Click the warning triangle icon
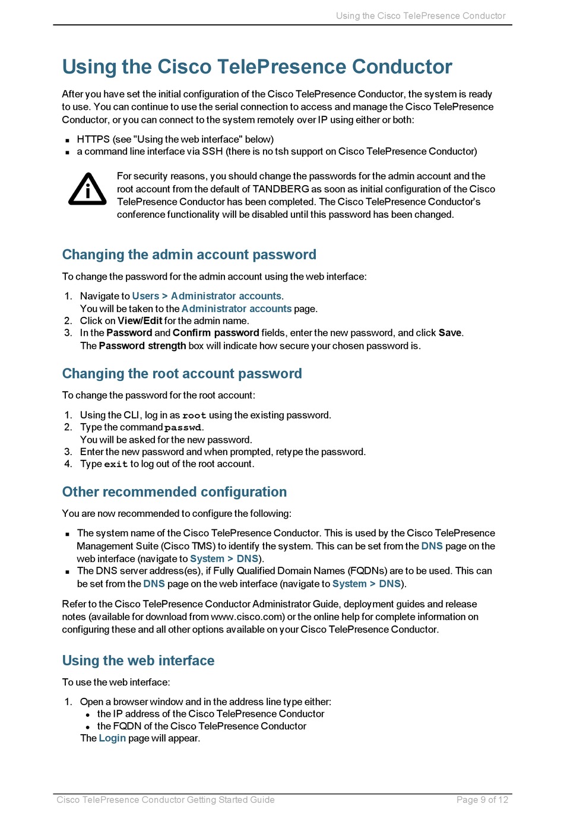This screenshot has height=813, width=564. [x=87, y=190]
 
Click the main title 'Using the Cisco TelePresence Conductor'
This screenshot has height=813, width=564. [x=256, y=66]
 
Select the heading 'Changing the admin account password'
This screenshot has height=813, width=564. [x=189, y=255]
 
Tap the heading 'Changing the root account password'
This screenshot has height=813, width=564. [x=182, y=374]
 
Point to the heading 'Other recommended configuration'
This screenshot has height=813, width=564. [x=174, y=492]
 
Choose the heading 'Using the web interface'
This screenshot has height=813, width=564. [x=138, y=660]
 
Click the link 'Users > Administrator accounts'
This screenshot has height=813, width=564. [x=207, y=296]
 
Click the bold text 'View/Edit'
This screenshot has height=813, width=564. [x=140, y=321]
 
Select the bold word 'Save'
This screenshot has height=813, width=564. [x=449, y=333]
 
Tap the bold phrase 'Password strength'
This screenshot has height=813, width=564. [x=142, y=346]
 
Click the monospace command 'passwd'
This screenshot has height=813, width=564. [x=183, y=428]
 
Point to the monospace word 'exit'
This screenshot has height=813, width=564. [x=116, y=464]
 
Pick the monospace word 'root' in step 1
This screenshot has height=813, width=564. [x=194, y=415]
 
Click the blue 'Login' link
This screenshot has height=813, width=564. [x=112, y=738]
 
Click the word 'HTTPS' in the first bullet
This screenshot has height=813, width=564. [x=93, y=139]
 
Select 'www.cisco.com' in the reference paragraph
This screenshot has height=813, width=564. [x=248, y=617]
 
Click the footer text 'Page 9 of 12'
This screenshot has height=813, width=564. [x=482, y=800]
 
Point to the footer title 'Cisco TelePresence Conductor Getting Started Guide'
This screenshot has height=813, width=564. [x=166, y=800]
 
